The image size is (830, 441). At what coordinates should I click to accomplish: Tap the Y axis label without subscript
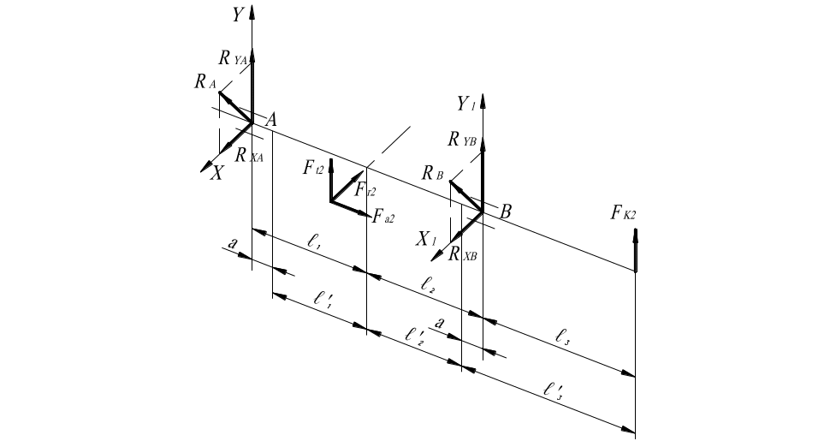237,15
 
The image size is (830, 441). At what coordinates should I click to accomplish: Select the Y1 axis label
465,104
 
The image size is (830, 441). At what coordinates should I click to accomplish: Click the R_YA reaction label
232,59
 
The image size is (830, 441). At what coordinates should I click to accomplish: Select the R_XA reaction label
250,156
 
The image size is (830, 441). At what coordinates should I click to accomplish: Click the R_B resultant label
432,173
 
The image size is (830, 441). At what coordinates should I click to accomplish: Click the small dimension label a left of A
232,245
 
